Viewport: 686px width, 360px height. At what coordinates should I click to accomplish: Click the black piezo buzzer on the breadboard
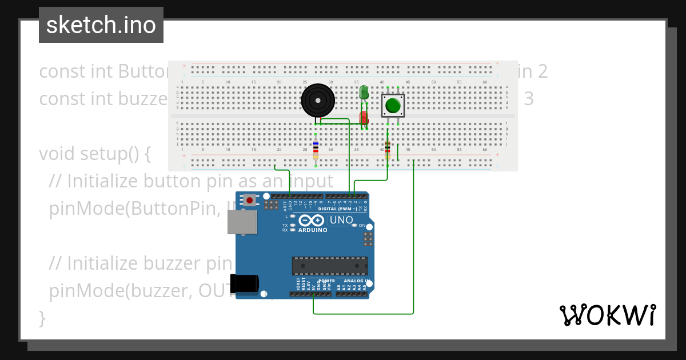click(317, 101)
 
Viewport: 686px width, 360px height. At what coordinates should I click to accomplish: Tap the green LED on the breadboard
click(364, 92)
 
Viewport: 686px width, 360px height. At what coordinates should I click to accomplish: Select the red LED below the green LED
click(364, 118)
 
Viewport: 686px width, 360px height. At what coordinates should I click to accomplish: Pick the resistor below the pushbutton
click(388, 149)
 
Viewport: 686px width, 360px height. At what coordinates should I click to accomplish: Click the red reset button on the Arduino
click(250, 200)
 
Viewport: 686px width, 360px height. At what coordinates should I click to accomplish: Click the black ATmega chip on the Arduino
click(329, 266)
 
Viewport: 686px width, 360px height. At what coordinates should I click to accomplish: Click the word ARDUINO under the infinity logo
click(312, 230)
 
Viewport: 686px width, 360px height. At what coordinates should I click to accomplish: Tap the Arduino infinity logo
click(312, 221)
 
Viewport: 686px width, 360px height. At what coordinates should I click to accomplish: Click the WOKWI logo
click(607, 315)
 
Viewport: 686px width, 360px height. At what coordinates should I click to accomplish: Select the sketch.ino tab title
click(101, 25)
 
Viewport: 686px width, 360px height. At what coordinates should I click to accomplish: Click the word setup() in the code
click(115, 154)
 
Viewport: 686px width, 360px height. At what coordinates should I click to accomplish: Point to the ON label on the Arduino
click(362, 226)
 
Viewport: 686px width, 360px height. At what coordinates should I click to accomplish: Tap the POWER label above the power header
click(326, 281)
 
